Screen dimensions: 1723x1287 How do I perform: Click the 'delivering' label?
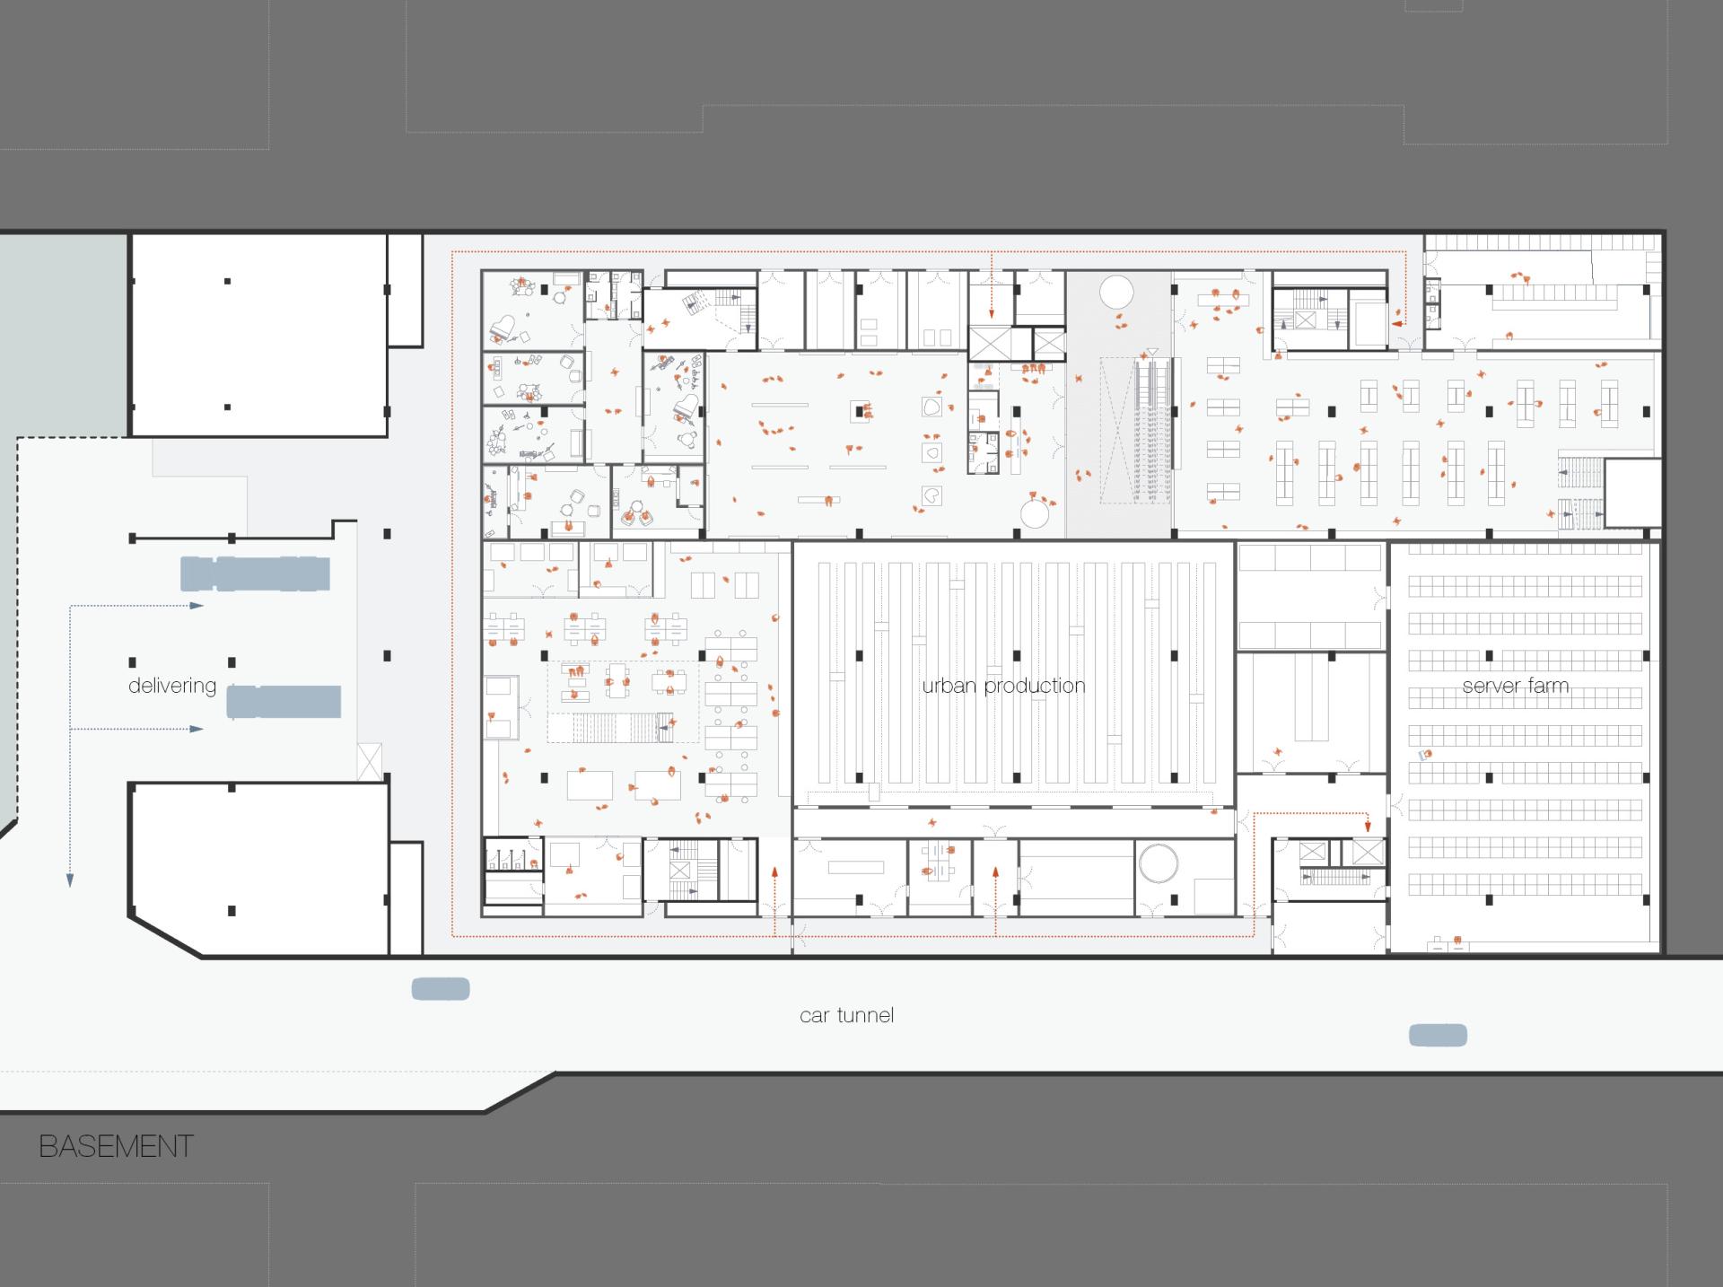click(172, 686)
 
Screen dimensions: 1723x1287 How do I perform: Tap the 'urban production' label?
click(1003, 686)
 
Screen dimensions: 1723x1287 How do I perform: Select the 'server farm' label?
click(1516, 686)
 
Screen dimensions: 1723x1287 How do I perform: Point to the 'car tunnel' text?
click(846, 1015)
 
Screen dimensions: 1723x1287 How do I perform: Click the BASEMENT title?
click(116, 1146)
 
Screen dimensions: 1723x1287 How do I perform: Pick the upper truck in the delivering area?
click(255, 573)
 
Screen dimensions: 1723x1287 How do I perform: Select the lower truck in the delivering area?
click(284, 702)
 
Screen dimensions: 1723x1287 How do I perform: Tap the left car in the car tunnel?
click(441, 989)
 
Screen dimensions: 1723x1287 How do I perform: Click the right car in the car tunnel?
click(1438, 1036)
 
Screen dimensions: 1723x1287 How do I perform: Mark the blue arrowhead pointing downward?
click(70, 881)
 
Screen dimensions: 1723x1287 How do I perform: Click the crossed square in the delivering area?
click(370, 762)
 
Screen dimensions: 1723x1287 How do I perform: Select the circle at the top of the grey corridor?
click(1116, 292)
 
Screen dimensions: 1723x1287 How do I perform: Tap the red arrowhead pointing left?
click(1397, 323)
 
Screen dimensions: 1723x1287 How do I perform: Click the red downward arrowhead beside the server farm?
click(1368, 827)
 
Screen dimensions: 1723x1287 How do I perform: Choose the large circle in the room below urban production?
click(1158, 863)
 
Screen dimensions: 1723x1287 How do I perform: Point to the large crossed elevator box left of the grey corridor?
click(991, 344)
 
